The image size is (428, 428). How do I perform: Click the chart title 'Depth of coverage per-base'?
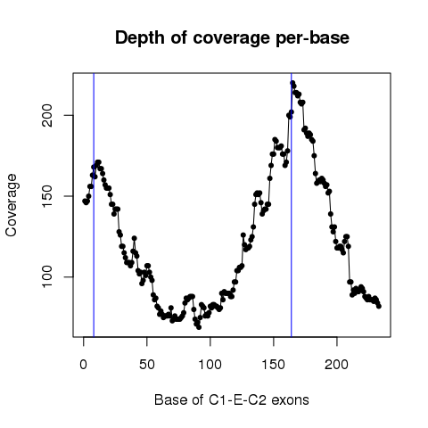point(232,38)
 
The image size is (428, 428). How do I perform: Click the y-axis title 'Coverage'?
point(12,205)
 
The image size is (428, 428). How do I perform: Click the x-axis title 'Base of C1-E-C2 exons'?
point(232,399)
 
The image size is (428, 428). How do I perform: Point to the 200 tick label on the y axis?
point(47,115)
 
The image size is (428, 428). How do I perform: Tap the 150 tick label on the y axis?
point(47,196)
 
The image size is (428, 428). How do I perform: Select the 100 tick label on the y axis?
point(47,276)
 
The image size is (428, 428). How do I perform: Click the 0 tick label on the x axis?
point(84,364)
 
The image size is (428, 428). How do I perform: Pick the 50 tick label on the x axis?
point(147,364)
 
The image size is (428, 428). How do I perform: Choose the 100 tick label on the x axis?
point(210,364)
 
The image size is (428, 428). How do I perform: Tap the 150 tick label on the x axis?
point(274,364)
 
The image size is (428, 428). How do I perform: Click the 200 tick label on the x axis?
point(337,364)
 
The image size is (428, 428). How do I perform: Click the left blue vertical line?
point(94,205)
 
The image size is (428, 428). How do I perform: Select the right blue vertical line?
point(292,205)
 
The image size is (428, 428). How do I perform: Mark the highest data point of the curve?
point(292,83)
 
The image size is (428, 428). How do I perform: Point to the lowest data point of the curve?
point(199,327)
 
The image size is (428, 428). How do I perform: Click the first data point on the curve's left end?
point(85,201)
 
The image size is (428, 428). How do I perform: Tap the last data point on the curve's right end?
point(379,306)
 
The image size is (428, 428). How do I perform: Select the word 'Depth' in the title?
point(140,38)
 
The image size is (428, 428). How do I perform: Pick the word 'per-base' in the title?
point(312,38)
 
